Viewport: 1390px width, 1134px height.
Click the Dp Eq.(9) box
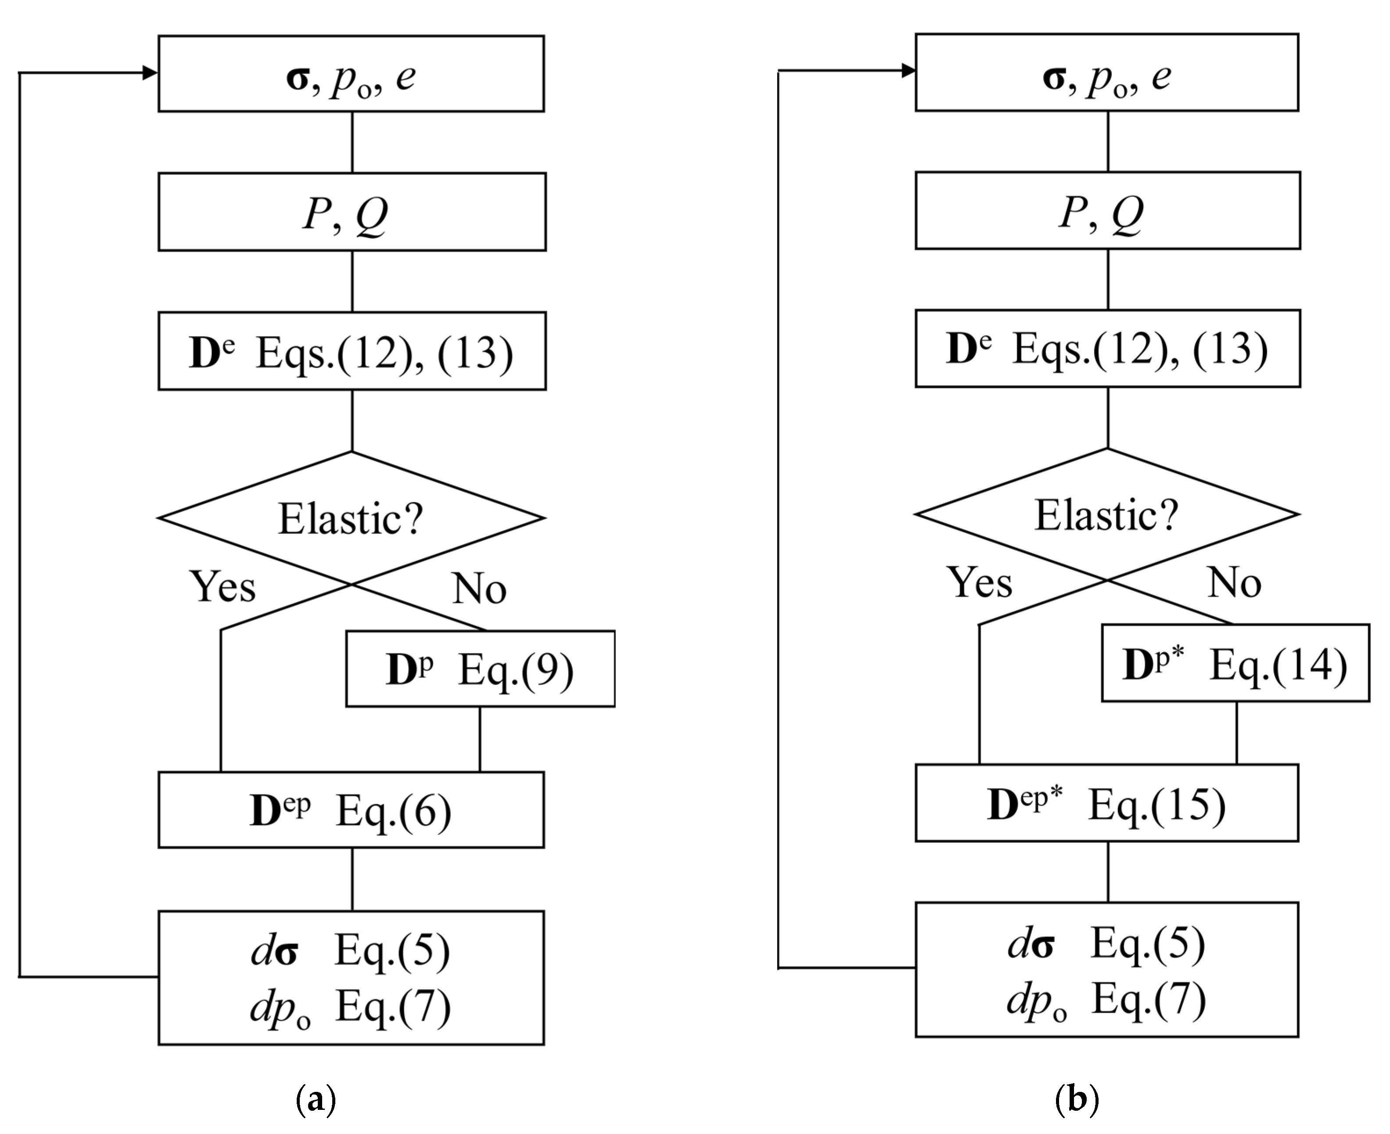pos(480,668)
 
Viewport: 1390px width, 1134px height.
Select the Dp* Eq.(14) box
pos(1235,663)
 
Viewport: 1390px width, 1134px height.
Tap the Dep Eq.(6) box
pos(351,810)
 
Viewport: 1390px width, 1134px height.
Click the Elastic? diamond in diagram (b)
pos(1106,515)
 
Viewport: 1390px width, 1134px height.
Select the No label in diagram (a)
pos(479,588)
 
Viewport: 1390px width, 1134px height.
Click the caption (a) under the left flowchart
pos(316,1099)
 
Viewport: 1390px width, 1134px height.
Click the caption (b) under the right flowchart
pos(1077,1099)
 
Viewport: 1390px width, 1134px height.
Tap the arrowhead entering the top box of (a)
pos(150,72)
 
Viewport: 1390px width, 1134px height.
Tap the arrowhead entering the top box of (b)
pos(908,71)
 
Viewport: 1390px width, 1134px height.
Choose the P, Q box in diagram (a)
pos(352,212)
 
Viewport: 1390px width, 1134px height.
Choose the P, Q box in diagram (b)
pos(1107,210)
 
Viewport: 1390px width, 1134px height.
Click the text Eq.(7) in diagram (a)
pos(392,1007)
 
